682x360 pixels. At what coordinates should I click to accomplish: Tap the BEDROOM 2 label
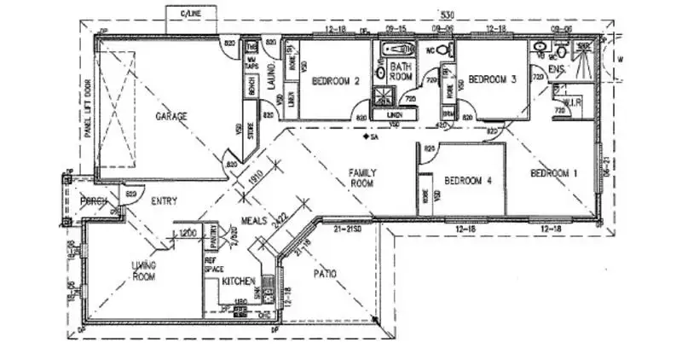pyautogui.click(x=335, y=81)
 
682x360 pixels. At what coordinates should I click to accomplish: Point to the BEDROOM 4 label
pyautogui.click(x=468, y=180)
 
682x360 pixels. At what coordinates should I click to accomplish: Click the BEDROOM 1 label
pyautogui.click(x=554, y=173)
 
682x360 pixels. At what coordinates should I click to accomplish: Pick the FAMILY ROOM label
pyautogui.click(x=362, y=177)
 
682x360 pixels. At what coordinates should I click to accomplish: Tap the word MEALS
pyautogui.click(x=255, y=220)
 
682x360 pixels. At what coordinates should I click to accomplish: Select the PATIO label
pyautogui.click(x=323, y=273)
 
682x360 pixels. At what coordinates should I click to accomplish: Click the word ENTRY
pyautogui.click(x=165, y=201)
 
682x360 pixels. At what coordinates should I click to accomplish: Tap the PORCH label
pyautogui.click(x=91, y=201)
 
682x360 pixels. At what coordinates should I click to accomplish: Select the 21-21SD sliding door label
pyautogui.click(x=349, y=229)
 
